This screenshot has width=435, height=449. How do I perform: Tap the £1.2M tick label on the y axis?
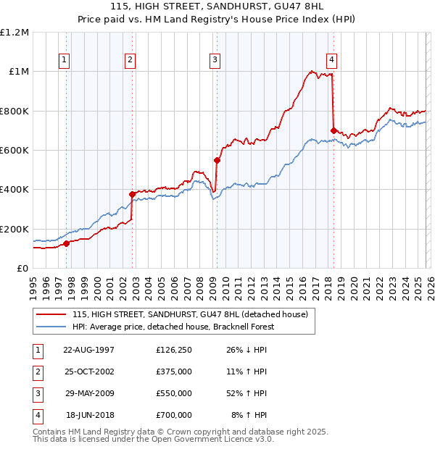pyautogui.click(x=14, y=33)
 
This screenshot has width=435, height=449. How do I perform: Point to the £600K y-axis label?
pyautogui.click(x=14, y=151)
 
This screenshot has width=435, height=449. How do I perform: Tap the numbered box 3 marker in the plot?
pyautogui.click(x=215, y=60)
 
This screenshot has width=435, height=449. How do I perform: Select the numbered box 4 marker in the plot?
pyautogui.click(x=331, y=60)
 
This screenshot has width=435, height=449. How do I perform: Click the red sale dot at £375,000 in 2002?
pyautogui.click(x=132, y=194)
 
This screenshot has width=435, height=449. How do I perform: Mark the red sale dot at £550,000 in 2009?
pyautogui.click(x=217, y=160)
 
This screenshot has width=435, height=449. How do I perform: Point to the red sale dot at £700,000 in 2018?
pyautogui.click(x=333, y=130)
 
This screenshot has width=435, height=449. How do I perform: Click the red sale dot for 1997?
pyautogui.click(x=66, y=243)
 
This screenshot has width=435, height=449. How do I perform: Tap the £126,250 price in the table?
pyautogui.click(x=173, y=350)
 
